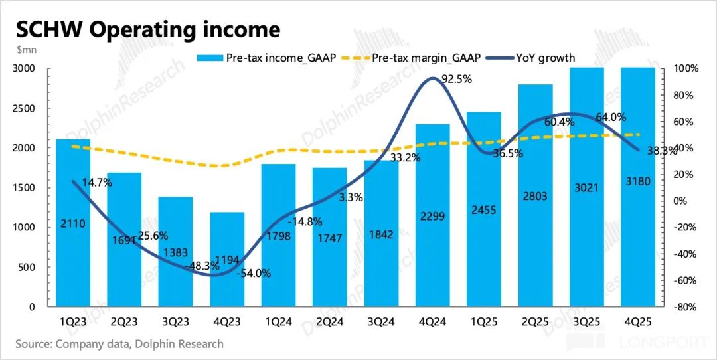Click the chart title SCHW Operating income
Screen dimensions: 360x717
[147, 29]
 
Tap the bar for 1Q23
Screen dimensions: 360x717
[73, 223]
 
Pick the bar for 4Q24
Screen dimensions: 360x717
[432, 215]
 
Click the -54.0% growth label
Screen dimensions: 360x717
[253, 272]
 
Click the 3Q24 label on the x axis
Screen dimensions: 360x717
[381, 322]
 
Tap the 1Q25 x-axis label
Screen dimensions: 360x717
[484, 322]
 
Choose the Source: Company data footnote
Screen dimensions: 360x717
[119, 344]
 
